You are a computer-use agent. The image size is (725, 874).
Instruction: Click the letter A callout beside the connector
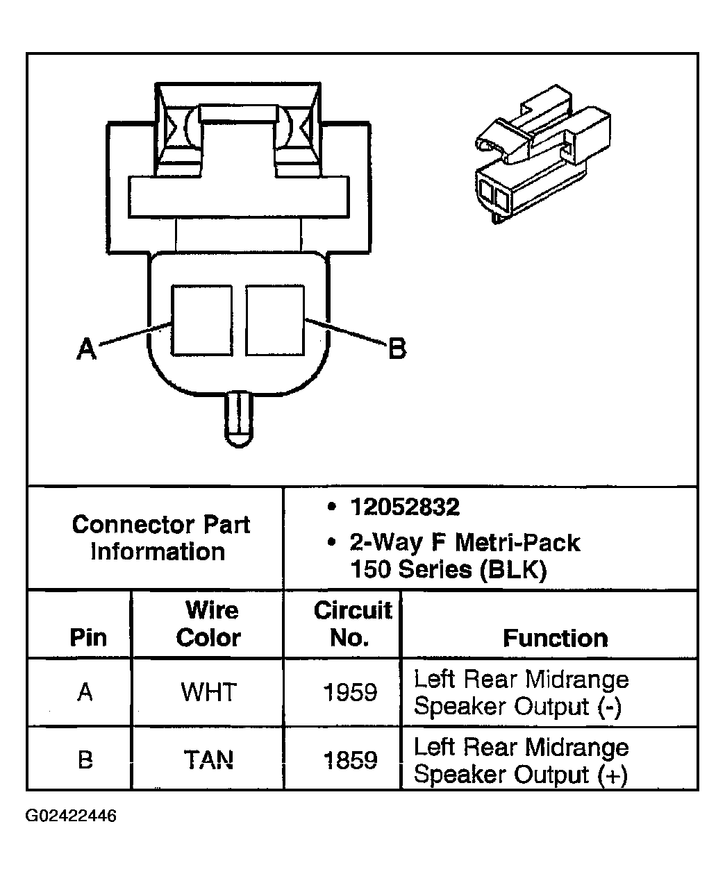(x=86, y=348)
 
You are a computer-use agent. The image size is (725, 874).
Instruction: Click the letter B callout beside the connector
(x=397, y=348)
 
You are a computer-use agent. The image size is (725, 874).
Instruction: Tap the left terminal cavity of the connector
(x=201, y=320)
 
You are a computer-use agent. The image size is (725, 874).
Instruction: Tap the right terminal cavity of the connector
(x=275, y=320)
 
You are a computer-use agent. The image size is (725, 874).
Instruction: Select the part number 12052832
(x=404, y=507)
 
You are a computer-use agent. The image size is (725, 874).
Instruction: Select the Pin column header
(x=88, y=637)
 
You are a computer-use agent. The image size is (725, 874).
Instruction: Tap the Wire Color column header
(x=210, y=623)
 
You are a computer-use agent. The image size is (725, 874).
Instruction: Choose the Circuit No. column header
(x=352, y=623)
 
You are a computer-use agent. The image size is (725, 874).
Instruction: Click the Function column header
(x=555, y=638)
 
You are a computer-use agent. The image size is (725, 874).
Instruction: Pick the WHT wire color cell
(x=208, y=692)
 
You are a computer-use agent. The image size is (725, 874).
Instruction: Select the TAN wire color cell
(x=208, y=761)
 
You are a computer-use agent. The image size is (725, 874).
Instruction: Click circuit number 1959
(x=350, y=692)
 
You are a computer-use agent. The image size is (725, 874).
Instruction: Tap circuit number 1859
(x=350, y=761)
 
